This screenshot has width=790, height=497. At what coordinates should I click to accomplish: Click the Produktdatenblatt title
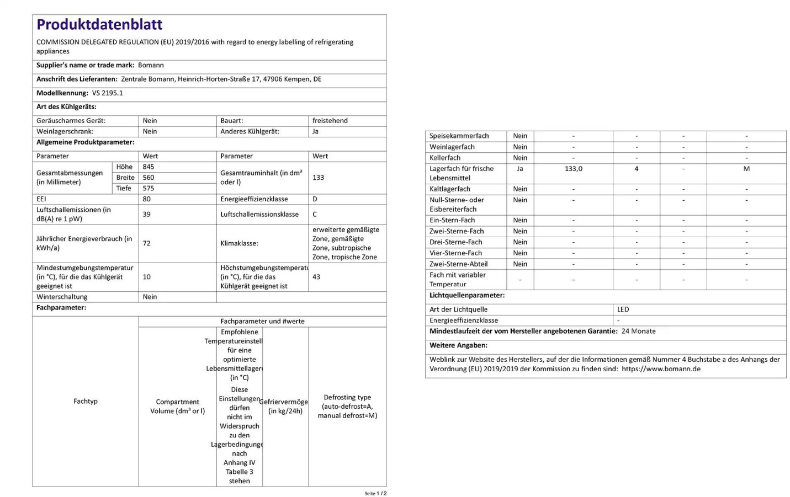[x=99, y=25]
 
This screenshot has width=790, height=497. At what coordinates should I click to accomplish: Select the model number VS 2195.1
[x=107, y=93]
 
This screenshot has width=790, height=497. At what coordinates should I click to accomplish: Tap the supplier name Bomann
[x=151, y=65]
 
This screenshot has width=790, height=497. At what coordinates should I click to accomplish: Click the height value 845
[x=149, y=167]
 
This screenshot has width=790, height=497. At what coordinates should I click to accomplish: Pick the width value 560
[x=149, y=178]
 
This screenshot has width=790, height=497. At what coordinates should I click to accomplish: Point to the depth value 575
[x=149, y=188]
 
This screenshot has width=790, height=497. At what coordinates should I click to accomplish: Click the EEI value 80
[x=147, y=199]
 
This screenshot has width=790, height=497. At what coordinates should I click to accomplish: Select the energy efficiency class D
[x=315, y=199]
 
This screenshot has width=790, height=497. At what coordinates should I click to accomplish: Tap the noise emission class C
[x=315, y=215]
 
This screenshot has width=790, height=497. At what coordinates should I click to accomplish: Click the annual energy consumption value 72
[x=147, y=243]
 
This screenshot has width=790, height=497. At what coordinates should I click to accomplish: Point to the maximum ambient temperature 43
[x=316, y=277]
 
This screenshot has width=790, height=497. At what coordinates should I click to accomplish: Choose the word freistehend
[x=330, y=121]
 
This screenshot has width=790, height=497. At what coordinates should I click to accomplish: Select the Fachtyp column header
[x=86, y=401]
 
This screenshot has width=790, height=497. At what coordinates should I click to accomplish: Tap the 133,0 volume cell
[x=574, y=169]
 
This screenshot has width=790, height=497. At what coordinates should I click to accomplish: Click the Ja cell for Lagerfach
[x=520, y=169]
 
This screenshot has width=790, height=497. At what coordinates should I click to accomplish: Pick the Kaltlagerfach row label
[x=450, y=189]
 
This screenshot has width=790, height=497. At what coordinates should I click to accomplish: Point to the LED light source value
[x=623, y=309]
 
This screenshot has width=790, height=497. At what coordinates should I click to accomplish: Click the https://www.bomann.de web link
[x=661, y=369]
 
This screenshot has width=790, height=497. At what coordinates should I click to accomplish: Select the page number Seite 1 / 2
[x=375, y=493]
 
